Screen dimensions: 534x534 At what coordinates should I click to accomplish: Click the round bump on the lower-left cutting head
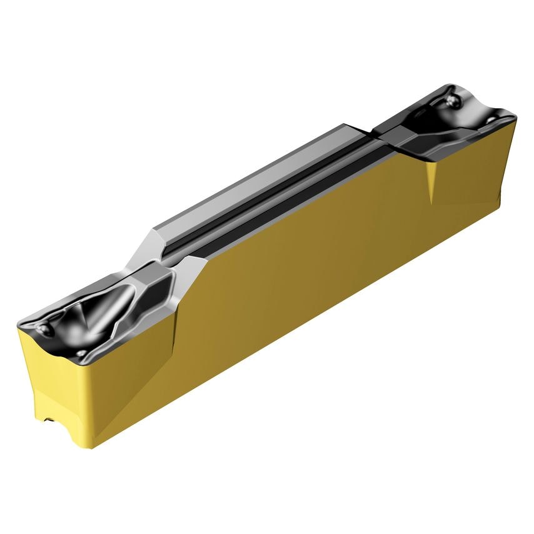point(44,328)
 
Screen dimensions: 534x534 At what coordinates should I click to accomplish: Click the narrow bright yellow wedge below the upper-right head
point(431,181)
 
